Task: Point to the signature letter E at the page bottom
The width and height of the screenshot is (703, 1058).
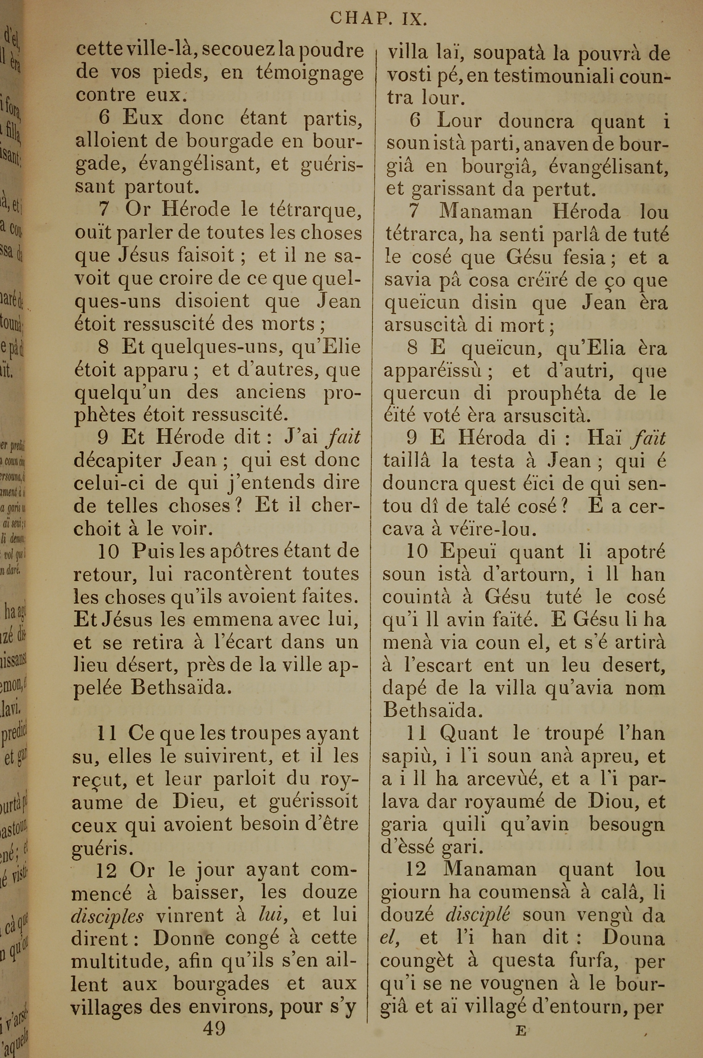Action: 520,1018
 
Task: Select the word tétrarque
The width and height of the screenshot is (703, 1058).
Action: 315,209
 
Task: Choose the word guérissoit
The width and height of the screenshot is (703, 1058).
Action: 314,801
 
